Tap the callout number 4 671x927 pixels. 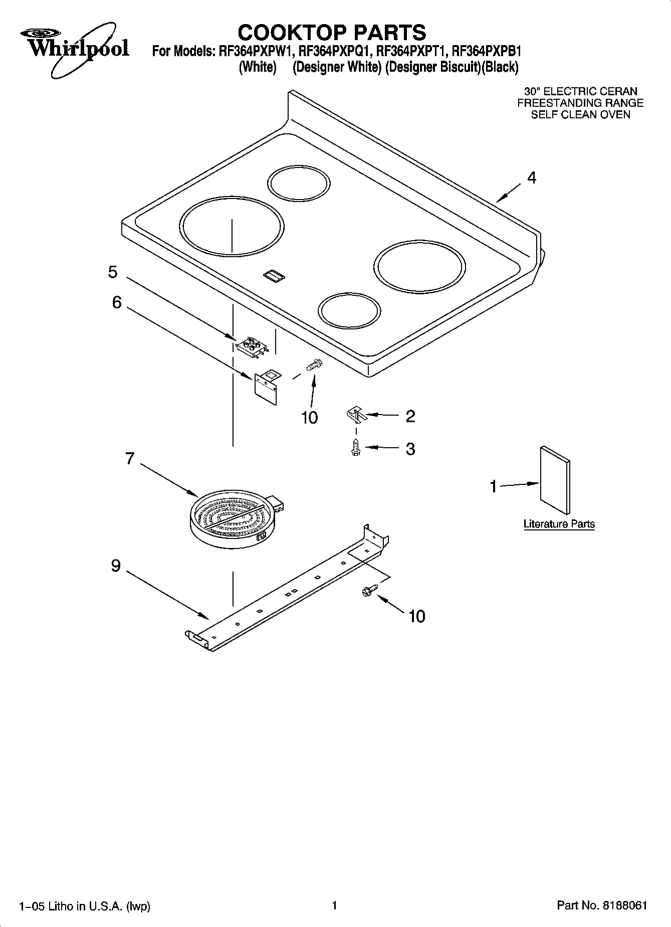pyautogui.click(x=532, y=177)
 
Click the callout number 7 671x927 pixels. pyautogui.click(x=130, y=458)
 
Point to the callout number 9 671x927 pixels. pyautogui.click(x=116, y=566)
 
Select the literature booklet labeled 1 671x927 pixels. pyautogui.click(x=555, y=480)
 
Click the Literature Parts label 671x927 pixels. pyautogui.click(x=559, y=524)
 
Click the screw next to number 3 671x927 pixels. pyautogui.click(x=355, y=446)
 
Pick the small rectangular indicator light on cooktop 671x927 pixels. pyautogui.click(x=274, y=274)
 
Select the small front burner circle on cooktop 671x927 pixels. pyautogui.click(x=350, y=310)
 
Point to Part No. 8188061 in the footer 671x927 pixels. pyautogui.click(x=602, y=905)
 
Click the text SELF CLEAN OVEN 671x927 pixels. pyautogui.click(x=580, y=115)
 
